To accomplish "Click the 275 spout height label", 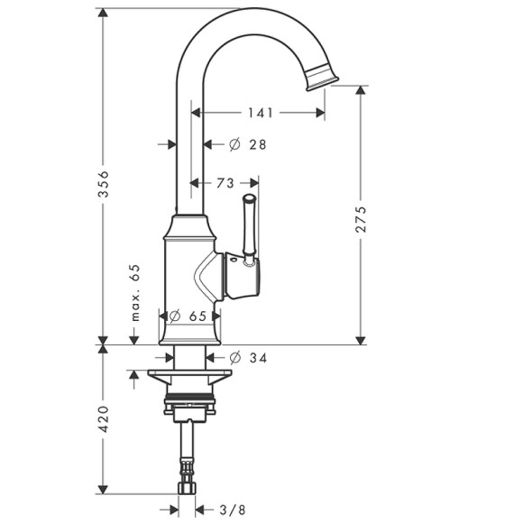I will [362, 219].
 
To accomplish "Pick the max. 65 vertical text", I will [136, 292].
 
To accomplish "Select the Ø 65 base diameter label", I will [191, 316].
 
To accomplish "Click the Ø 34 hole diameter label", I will [249, 358].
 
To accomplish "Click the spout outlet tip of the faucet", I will [323, 80].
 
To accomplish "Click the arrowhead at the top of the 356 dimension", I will [103, 14].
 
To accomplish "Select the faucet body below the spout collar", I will [189, 271].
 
